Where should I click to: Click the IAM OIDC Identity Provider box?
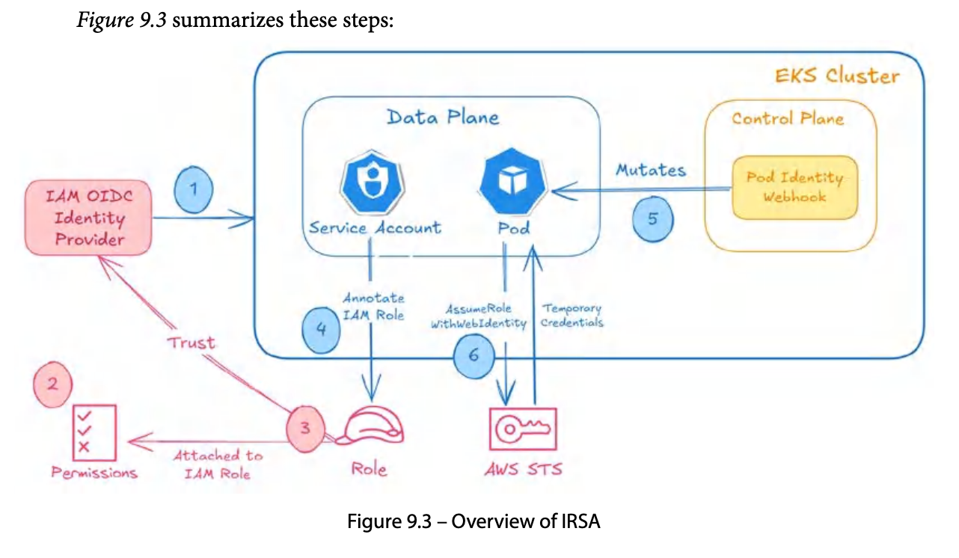tap(88, 218)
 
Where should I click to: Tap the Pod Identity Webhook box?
tap(794, 188)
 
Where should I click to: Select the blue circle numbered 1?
tap(194, 189)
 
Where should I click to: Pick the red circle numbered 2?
tap(52, 384)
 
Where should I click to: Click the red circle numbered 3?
tap(305, 429)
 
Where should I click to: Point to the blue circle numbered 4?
tap(321, 330)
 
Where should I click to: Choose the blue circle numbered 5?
tap(652, 219)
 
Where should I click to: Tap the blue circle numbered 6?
tap(474, 356)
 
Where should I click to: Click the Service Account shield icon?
tap(373, 182)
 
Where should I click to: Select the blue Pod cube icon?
tap(512, 181)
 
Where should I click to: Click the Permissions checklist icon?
tap(94, 432)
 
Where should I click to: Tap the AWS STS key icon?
tap(523, 429)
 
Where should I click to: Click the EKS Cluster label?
tap(837, 76)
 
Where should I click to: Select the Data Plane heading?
tap(443, 117)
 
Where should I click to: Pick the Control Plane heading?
tap(788, 118)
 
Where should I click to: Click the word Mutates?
tap(651, 170)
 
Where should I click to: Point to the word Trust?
tap(191, 343)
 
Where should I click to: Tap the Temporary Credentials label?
tap(572, 315)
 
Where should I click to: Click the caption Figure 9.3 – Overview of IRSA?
tap(474, 521)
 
